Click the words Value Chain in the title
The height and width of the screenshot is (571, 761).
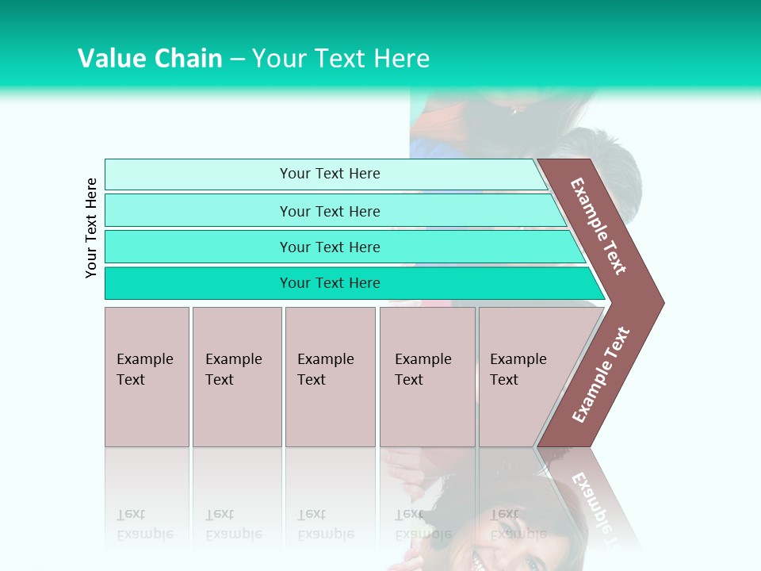pos(150,58)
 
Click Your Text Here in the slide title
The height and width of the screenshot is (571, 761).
pos(341,58)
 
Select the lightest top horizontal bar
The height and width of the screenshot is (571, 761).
pos(329,174)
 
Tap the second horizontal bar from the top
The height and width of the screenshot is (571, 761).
pos(329,211)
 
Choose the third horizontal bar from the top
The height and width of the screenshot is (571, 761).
pos(329,247)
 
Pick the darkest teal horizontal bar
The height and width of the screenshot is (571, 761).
pos(329,283)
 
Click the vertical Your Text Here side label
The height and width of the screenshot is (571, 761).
pos(91,228)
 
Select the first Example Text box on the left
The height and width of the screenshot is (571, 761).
pos(147,376)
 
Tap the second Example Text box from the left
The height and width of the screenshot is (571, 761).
pos(236,376)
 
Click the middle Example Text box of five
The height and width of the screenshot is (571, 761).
pos(330,376)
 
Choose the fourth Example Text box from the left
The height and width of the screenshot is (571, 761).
pos(426,376)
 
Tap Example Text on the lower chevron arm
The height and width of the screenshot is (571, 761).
pos(601,374)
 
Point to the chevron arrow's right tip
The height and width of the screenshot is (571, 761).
pos(662,303)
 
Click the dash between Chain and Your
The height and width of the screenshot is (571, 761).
pos(237,59)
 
